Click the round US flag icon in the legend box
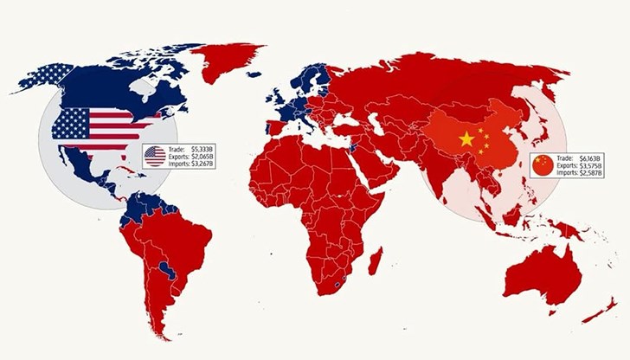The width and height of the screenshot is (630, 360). click(x=154, y=157)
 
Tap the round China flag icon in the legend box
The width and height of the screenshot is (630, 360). click(x=543, y=164)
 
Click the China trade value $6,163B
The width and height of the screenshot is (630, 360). click(x=593, y=157)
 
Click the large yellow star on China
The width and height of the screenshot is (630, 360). click(x=467, y=138)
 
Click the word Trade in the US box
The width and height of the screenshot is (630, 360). click(x=178, y=150)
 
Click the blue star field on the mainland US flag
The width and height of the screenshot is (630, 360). click(x=70, y=124)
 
